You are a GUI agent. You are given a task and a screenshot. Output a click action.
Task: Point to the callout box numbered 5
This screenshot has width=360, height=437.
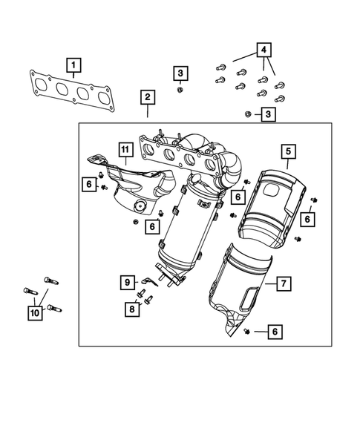[287, 154]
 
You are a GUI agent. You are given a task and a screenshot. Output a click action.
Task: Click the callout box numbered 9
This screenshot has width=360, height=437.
[127, 282]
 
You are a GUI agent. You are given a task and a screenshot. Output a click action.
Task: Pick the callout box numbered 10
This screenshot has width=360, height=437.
[35, 314]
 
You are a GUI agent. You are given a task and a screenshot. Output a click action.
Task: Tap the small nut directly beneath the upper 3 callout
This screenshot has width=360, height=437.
[180, 90]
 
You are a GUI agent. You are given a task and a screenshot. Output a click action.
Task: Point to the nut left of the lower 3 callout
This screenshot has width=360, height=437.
[247, 114]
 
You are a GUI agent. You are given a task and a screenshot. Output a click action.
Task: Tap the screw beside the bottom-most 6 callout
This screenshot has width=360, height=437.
[246, 332]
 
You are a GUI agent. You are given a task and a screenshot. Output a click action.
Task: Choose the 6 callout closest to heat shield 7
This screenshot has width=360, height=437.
[275, 332]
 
